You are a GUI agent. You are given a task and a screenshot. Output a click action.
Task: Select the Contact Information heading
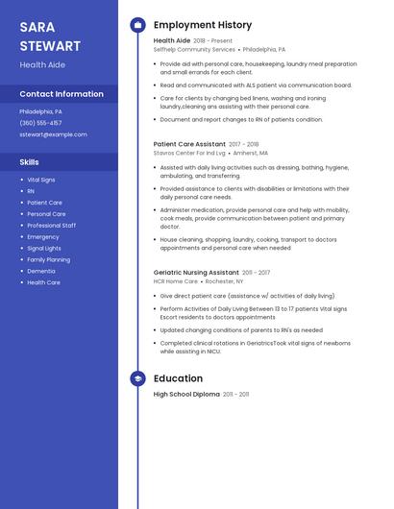click(62, 94)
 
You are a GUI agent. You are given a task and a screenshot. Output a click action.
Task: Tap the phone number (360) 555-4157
click(40, 123)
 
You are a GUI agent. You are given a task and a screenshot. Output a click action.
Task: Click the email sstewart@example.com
click(53, 134)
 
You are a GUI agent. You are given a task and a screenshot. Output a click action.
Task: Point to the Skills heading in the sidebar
click(30, 162)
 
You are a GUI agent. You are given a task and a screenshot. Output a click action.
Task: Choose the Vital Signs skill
click(41, 180)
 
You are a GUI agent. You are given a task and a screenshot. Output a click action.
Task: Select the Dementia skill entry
click(41, 271)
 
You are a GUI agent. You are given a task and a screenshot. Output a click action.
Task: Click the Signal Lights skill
click(44, 248)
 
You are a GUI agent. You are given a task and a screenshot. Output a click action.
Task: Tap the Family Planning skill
click(48, 259)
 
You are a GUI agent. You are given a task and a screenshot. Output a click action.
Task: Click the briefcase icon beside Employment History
click(137, 25)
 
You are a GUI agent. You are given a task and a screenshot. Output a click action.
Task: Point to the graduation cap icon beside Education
click(137, 378)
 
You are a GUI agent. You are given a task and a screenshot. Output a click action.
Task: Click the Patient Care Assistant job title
click(189, 144)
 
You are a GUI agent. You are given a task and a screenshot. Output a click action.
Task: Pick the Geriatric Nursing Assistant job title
click(196, 273)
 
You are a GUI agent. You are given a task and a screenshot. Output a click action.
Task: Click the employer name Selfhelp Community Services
click(194, 49)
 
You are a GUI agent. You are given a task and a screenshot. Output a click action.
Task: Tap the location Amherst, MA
click(250, 153)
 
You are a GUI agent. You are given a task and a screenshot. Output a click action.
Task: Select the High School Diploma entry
click(186, 394)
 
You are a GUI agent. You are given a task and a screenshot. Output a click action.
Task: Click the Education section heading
click(178, 378)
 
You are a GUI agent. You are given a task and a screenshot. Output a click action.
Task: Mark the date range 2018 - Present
click(213, 41)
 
